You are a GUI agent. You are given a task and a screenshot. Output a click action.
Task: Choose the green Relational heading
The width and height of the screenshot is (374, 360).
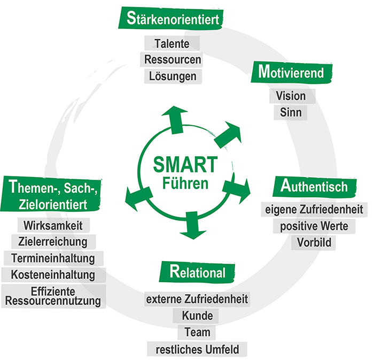(197, 272)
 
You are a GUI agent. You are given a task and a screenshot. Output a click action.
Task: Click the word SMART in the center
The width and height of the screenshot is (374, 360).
(185, 164)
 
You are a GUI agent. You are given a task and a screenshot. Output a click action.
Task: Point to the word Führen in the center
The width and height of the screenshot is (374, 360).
(185, 184)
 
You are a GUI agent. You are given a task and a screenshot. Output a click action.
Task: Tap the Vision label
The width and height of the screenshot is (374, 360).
(291, 96)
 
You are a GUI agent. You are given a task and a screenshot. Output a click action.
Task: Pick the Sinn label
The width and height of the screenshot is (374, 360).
(291, 113)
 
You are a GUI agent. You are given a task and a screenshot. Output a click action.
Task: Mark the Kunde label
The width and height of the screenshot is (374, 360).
(197, 316)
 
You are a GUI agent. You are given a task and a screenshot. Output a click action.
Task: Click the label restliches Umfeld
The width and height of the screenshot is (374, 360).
(197, 350)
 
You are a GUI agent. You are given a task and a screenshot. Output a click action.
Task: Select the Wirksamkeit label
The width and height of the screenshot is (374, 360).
(54, 225)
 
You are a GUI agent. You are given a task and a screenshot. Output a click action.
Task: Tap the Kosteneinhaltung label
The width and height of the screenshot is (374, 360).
(54, 275)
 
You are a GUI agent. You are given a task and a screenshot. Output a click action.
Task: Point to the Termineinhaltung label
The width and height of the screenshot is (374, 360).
(53, 258)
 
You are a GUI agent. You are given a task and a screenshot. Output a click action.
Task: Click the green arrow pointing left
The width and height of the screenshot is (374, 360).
(135, 198)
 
